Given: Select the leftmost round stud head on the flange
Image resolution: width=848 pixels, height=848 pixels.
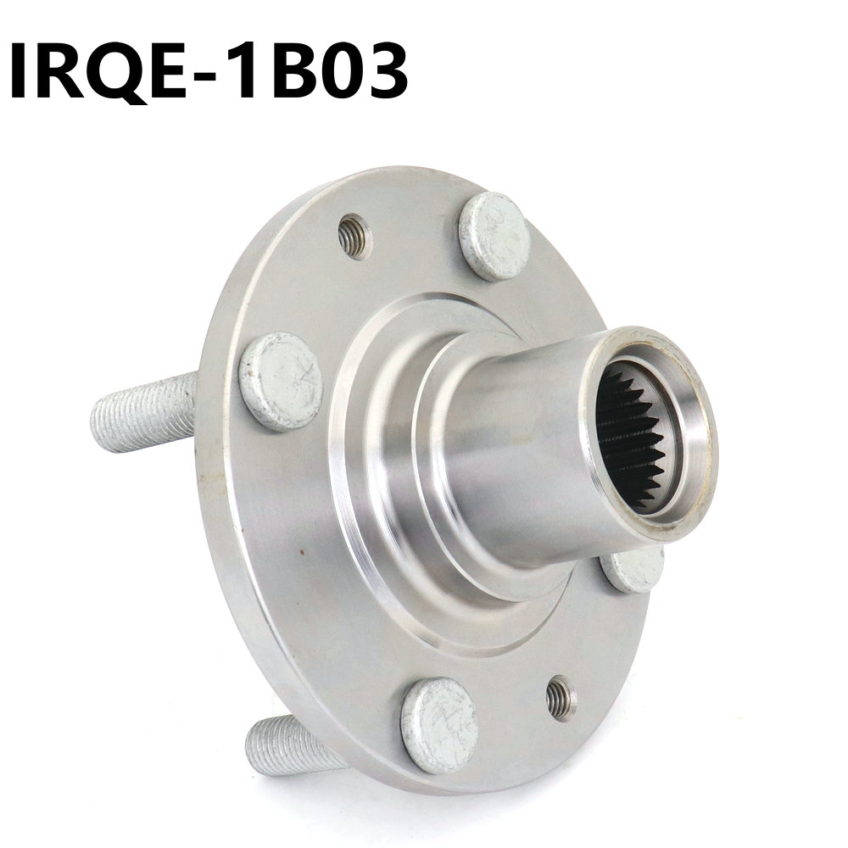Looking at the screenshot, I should click(280, 380).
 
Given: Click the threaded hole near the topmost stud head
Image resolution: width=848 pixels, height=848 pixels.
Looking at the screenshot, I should click(354, 235).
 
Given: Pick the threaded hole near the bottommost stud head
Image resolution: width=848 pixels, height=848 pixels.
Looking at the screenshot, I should click(561, 697).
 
